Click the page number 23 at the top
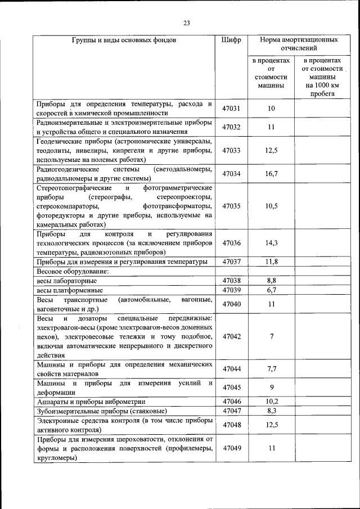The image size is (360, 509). (186, 22)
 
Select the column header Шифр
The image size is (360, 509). (231, 40)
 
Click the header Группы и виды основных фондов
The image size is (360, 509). (124, 40)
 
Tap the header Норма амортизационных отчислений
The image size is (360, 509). (299, 45)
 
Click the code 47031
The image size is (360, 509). (231, 108)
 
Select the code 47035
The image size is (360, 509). (231, 206)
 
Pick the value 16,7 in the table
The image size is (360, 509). (271, 174)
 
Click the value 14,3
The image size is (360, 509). (271, 243)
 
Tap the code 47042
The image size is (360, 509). (231, 336)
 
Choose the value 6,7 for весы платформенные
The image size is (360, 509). (271, 290)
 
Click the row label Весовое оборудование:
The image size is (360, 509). (73, 271)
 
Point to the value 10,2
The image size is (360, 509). (271, 401)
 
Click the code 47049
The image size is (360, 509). (231, 448)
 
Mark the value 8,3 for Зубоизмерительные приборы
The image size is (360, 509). (271, 411)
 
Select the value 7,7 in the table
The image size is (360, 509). (271, 369)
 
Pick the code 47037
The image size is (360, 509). (231, 262)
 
